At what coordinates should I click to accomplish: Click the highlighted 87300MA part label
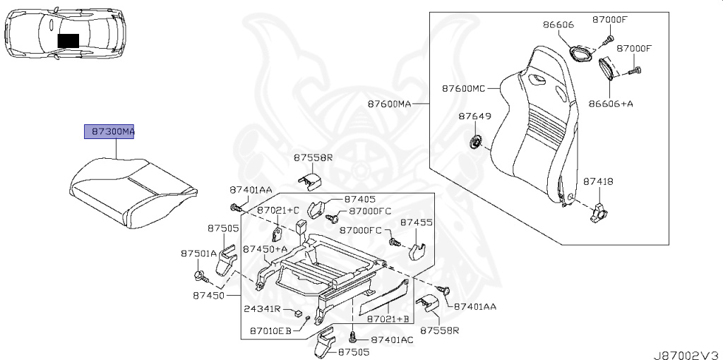pos(109,132)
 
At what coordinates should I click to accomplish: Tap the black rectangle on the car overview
pos(68,40)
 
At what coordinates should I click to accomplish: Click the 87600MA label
pos(389,104)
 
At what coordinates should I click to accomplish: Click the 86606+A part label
pos(611,103)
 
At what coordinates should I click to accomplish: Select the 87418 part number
pos(598,181)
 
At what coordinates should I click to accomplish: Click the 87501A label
pos(199,253)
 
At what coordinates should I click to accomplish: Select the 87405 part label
pos(359,200)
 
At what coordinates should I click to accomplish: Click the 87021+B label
pos(388,319)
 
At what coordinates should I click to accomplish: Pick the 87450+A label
pos(265,248)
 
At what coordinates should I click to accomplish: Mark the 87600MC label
pos(464,89)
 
